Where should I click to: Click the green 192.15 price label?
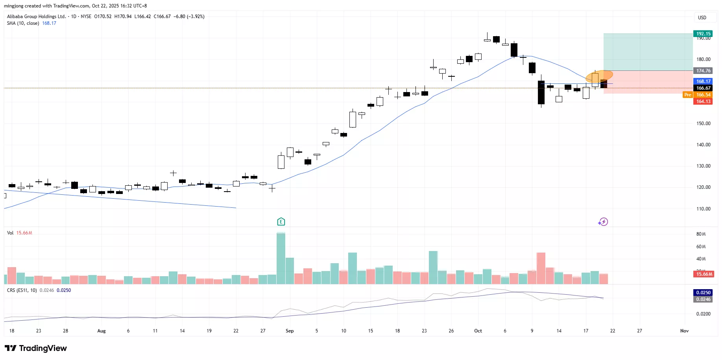[x=704, y=34]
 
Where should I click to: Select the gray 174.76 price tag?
[x=704, y=71]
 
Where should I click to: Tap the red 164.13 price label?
[x=704, y=102]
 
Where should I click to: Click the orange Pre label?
[x=687, y=95]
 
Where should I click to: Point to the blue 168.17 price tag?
[x=704, y=81]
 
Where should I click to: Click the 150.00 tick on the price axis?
[x=704, y=124]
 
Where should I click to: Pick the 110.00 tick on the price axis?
[x=704, y=209]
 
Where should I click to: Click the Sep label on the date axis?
[x=290, y=331]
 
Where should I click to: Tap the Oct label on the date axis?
[x=478, y=331]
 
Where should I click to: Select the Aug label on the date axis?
[x=102, y=331]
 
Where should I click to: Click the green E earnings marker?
[x=281, y=222]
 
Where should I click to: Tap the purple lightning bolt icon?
[x=603, y=222]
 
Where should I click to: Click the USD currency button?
[x=702, y=18]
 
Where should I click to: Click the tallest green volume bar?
[x=281, y=258]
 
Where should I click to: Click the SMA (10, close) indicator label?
[x=23, y=23]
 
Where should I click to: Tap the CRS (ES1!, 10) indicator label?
[x=22, y=290]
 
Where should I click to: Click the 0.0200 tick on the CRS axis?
[x=704, y=314]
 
